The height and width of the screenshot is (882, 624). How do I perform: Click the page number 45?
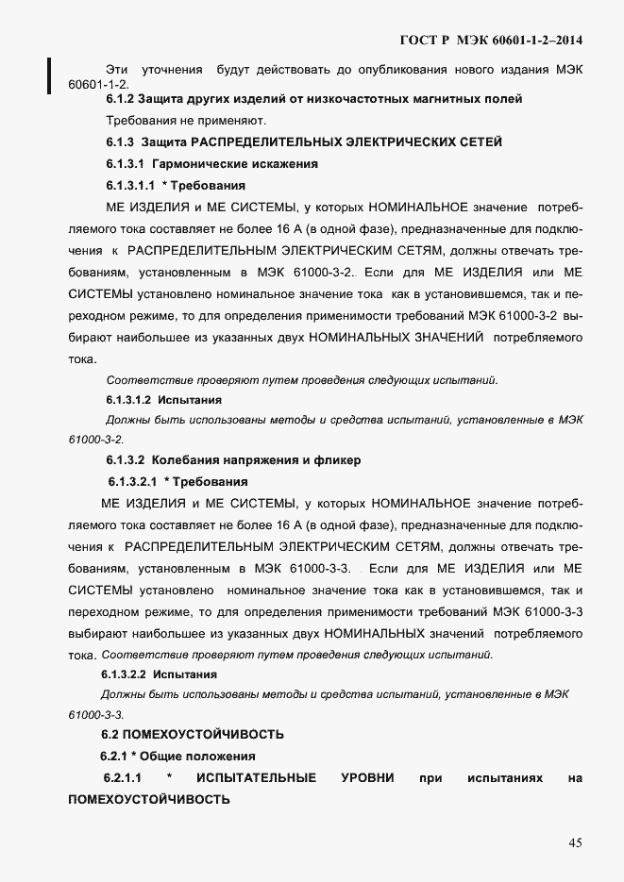(x=576, y=842)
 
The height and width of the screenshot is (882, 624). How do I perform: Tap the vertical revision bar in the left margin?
(x=49, y=75)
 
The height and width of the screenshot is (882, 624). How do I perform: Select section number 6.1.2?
(x=120, y=98)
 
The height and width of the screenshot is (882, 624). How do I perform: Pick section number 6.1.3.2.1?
(x=132, y=481)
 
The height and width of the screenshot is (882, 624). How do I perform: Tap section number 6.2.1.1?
(x=122, y=778)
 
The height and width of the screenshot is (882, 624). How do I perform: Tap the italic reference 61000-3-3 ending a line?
(x=95, y=714)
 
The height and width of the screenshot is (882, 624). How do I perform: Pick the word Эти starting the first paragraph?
(x=117, y=70)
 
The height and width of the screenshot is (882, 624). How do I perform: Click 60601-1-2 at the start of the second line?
(x=98, y=84)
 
